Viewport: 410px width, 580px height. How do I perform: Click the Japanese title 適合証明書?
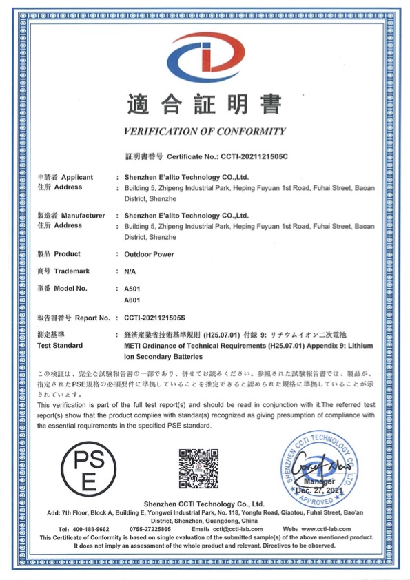tap(205, 104)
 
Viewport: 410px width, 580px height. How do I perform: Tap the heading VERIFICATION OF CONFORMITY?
tap(204, 132)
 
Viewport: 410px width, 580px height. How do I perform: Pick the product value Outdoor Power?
tap(150, 254)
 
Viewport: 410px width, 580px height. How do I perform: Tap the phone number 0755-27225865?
tap(154, 528)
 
